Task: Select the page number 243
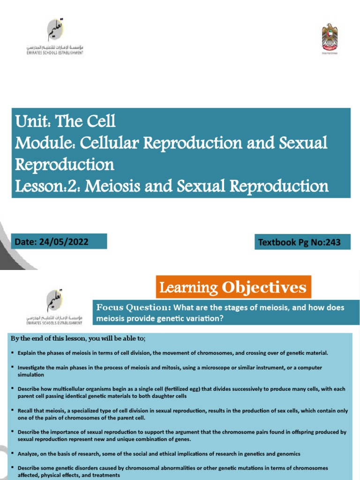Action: (331, 242)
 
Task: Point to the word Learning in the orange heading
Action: (188, 287)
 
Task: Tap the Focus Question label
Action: (133, 307)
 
